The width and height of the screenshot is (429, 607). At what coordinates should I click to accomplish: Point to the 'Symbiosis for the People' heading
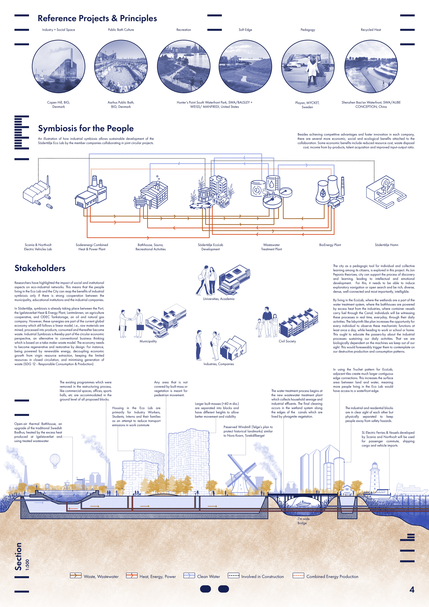tap(86, 129)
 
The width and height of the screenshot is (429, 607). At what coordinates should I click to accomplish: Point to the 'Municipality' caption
tap(148, 341)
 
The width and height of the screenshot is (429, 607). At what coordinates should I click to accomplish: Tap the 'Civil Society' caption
tap(287, 341)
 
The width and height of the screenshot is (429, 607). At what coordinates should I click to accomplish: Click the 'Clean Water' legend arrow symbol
tap(189, 576)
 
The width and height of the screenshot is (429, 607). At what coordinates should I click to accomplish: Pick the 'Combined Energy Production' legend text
tap(332, 577)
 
